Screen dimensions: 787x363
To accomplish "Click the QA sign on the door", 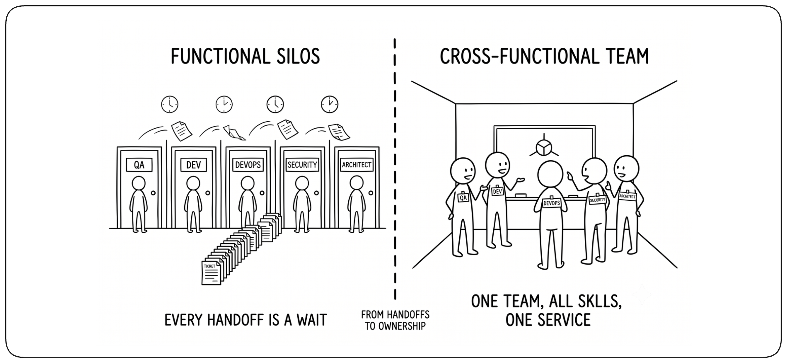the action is tap(139, 165).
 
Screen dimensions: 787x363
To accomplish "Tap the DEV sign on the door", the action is tap(193, 165).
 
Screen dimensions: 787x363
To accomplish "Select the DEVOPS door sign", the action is tap(248, 165).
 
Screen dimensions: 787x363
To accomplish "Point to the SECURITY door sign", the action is tap(302, 165).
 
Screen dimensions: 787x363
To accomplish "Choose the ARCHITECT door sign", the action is tap(356, 165).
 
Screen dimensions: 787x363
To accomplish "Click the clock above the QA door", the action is tap(169, 104).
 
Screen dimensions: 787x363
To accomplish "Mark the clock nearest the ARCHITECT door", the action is tap(329, 104).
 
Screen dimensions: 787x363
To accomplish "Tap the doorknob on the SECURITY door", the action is tap(317, 193).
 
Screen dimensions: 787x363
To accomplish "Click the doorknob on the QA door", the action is tap(154, 193).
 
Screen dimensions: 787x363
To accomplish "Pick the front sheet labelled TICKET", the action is tap(211, 273).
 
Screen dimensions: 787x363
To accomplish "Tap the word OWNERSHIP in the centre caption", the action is tap(402, 326).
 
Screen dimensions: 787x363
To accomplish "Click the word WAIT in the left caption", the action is tap(312, 320).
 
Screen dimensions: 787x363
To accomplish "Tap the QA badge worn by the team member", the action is tap(463, 198).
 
